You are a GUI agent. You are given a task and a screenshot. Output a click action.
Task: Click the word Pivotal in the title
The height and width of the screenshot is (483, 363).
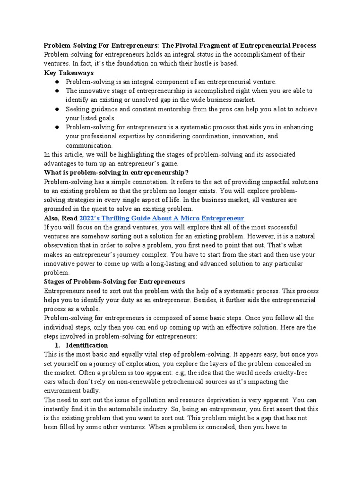click(189, 45)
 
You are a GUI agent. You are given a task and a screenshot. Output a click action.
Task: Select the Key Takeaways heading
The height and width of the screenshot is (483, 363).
click(69, 73)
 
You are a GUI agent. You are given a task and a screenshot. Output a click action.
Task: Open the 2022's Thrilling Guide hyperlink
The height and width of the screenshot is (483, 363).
click(162, 218)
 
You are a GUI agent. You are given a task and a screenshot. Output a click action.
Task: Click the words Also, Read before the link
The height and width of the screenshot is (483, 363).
click(61, 218)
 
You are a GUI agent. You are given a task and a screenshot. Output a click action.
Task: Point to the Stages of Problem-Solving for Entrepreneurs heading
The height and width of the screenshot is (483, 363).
click(114, 282)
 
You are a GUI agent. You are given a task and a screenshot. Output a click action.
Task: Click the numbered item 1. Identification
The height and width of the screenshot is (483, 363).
click(82, 345)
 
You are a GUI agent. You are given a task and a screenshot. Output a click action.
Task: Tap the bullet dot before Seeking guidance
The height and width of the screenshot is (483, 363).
click(56, 109)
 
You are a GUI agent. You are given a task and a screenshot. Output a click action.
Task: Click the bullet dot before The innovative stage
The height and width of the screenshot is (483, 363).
click(56, 91)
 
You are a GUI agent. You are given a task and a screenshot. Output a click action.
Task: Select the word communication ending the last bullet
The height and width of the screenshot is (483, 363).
click(89, 145)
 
